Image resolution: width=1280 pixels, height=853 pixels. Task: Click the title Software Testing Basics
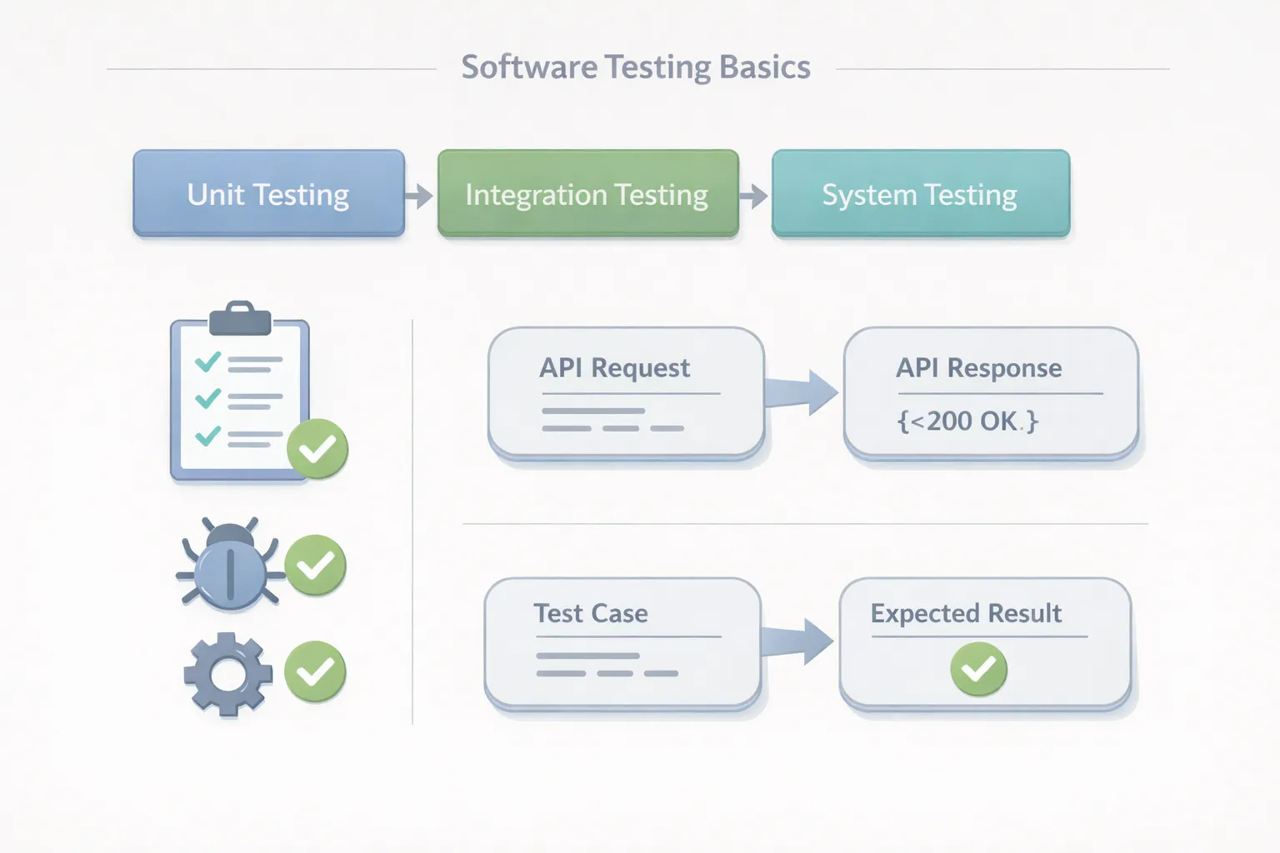tap(636, 67)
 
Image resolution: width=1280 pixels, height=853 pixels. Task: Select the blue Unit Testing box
tap(268, 194)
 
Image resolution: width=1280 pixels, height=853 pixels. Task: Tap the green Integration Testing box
tap(587, 194)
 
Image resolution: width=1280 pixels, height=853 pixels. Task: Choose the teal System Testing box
tap(920, 194)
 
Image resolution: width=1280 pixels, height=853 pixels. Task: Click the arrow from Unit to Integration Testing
tap(420, 196)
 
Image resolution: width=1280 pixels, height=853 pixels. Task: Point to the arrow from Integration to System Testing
tap(754, 196)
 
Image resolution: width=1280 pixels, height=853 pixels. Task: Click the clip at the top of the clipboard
tap(240, 318)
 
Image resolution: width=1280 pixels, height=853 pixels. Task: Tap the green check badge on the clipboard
tap(317, 449)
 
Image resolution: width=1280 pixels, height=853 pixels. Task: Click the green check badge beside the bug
tap(316, 566)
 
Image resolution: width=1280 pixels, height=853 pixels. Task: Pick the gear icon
tap(227, 674)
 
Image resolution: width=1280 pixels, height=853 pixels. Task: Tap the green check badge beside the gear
tap(315, 671)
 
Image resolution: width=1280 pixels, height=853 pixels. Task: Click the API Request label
tap(614, 367)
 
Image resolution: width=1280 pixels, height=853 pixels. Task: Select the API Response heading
tap(978, 367)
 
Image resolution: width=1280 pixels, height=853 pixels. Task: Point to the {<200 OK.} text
tap(967, 421)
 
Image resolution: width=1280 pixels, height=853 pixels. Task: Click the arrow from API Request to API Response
tap(802, 392)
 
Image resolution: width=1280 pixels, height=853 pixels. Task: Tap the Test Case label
tap(591, 613)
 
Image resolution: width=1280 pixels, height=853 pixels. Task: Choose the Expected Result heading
tap(966, 613)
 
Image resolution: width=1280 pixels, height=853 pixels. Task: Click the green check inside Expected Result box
tap(978, 669)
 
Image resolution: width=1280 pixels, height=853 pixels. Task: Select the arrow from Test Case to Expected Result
tap(798, 641)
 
